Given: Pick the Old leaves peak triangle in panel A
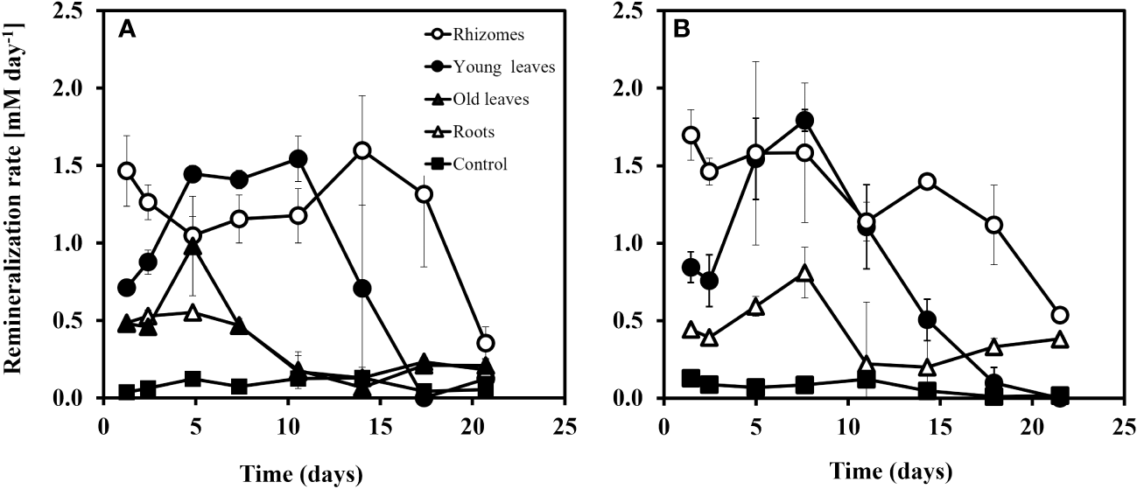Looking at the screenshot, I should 193,247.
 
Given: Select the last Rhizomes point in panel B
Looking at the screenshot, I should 1059,315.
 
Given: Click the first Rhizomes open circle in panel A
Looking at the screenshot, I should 127,171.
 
